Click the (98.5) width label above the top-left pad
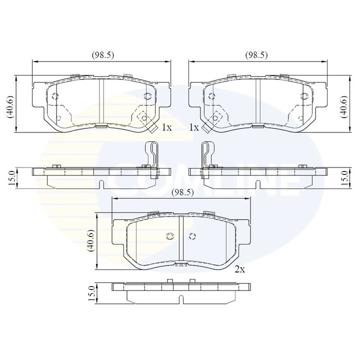click(x=102, y=55)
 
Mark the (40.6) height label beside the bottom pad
click(x=90, y=241)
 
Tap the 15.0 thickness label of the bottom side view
click(x=90, y=292)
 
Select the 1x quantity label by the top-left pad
click(x=166, y=128)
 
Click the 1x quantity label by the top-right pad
click(x=193, y=128)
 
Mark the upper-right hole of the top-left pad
click(x=147, y=96)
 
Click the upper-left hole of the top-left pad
click(x=55, y=96)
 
